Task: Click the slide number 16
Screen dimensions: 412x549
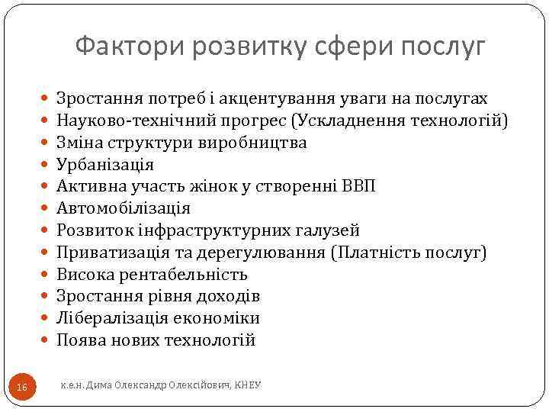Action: pos(21,388)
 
